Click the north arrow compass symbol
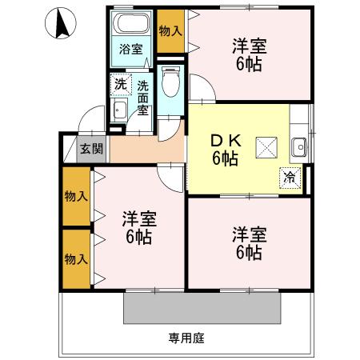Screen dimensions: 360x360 coord(61,25)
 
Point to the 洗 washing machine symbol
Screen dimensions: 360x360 coord(119,82)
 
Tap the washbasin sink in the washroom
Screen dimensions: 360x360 coord(119,110)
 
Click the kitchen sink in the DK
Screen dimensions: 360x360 coord(299,146)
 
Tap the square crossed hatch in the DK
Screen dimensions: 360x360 coord(265,146)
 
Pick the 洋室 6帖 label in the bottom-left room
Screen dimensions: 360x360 coord(138,227)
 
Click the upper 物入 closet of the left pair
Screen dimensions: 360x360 coord(76,197)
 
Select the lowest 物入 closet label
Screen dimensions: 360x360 coord(76,259)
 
